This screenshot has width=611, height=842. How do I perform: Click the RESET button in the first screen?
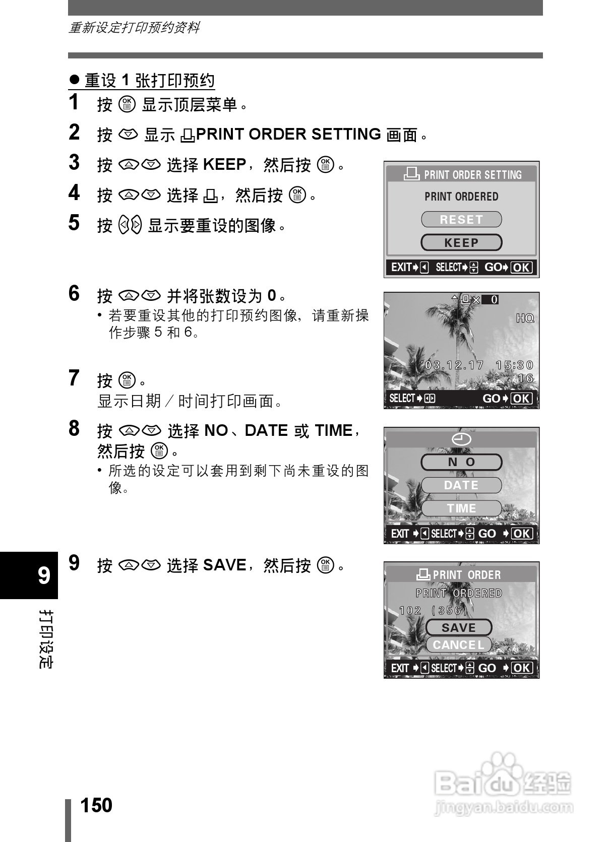[461, 220]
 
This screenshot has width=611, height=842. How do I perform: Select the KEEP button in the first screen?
[461, 243]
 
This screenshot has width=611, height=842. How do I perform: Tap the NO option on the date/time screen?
[461, 462]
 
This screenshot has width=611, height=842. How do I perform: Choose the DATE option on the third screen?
[461, 485]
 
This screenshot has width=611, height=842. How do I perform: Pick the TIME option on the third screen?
[461, 508]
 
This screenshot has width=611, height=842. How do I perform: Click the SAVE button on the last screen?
[459, 628]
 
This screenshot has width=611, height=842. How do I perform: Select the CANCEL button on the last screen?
[459, 645]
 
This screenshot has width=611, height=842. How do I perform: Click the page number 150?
[96, 805]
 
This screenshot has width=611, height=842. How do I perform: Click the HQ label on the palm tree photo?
[525, 318]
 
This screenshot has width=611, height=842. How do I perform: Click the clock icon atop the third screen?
[461, 439]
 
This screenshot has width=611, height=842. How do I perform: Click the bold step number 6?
[74, 293]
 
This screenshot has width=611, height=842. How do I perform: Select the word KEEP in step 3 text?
[224, 165]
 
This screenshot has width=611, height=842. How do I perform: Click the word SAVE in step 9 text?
[224, 565]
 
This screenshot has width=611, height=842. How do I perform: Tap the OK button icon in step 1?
[127, 104]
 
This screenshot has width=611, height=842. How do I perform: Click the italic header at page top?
[134, 28]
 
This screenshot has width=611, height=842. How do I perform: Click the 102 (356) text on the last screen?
[434, 611]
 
